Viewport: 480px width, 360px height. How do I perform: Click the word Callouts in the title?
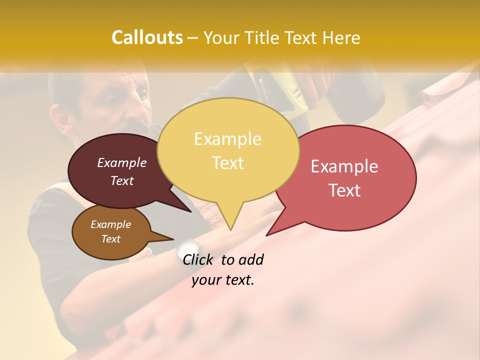click(x=147, y=37)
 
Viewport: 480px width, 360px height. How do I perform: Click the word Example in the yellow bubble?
click(x=227, y=138)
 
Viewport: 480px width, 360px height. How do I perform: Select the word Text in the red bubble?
click(x=344, y=190)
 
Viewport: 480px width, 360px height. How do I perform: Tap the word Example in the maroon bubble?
click(x=121, y=162)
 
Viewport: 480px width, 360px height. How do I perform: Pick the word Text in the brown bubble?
click(x=111, y=239)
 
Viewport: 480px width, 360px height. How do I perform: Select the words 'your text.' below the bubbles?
click(x=223, y=280)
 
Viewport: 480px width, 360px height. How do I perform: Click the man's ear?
click(x=60, y=120)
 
